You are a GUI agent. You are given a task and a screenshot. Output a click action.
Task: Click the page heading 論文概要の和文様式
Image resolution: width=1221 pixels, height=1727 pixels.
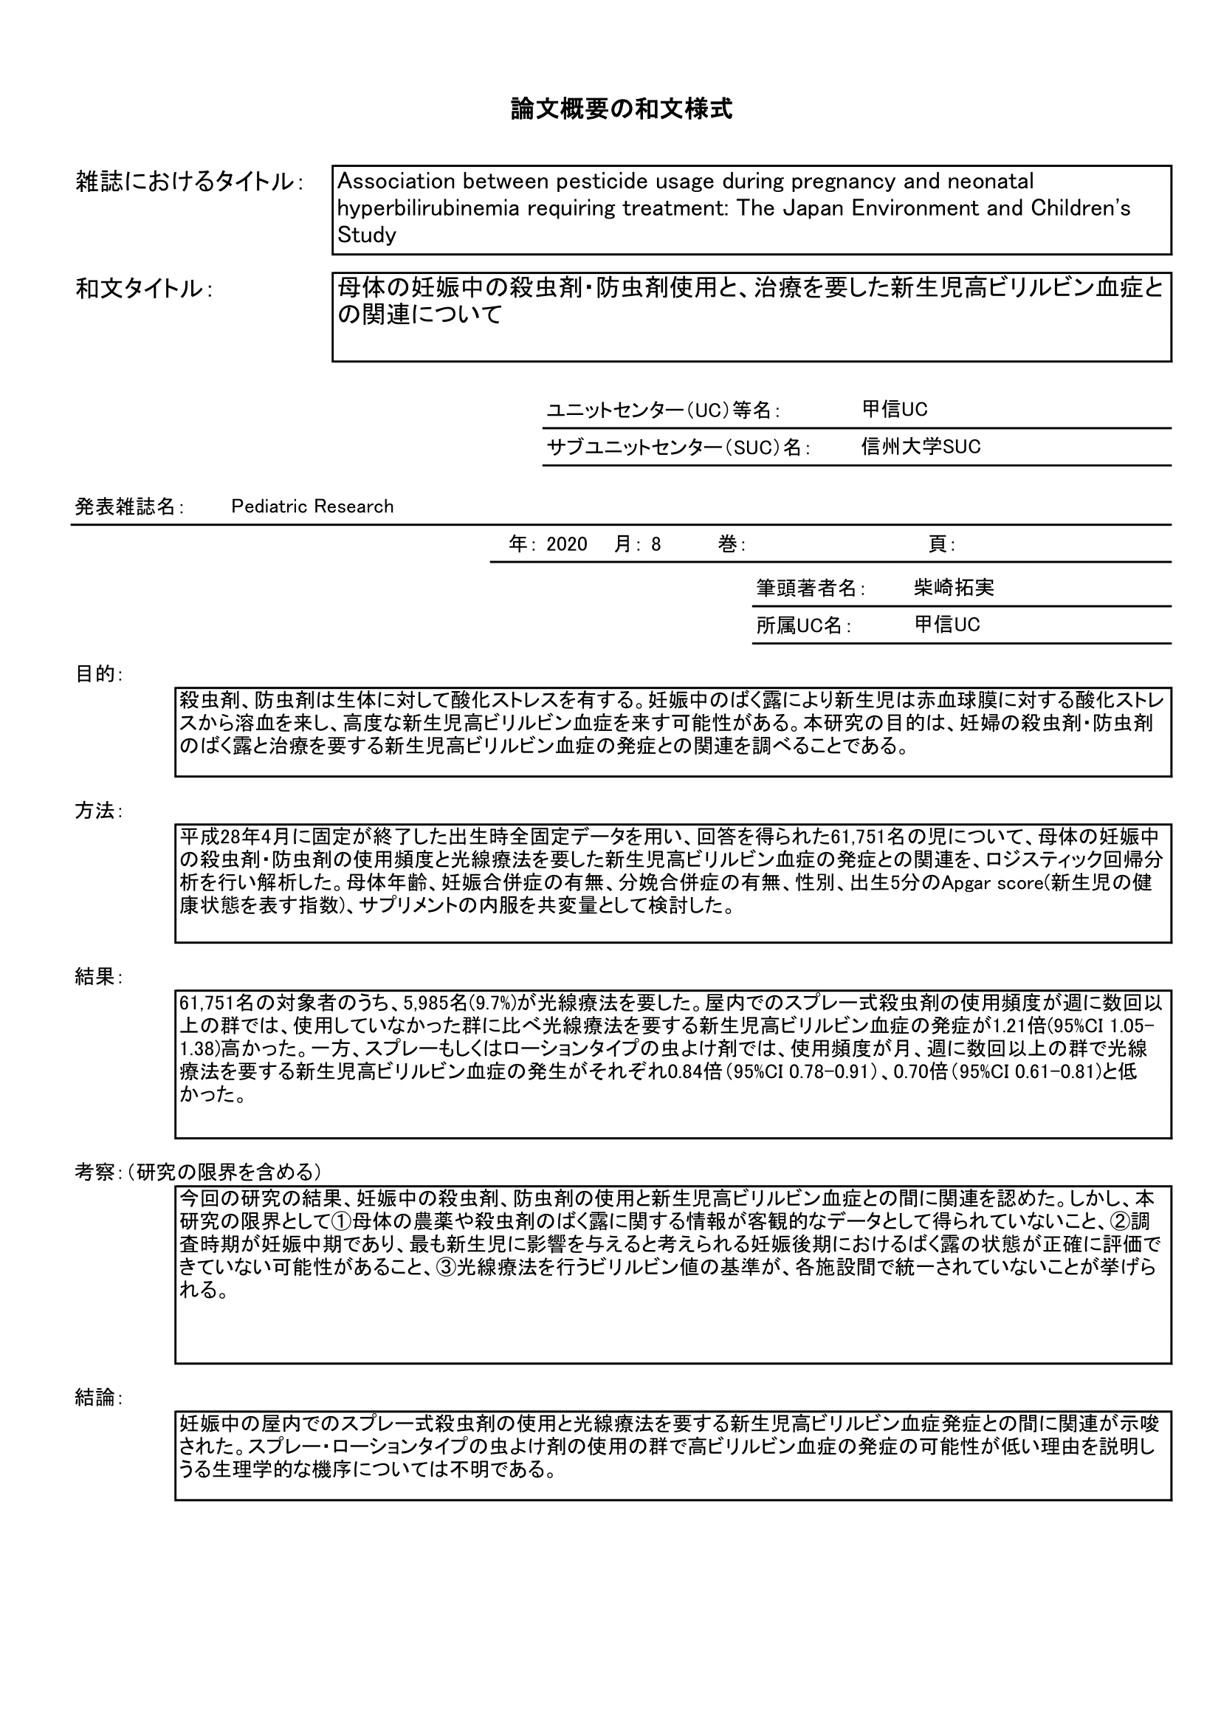point(621,110)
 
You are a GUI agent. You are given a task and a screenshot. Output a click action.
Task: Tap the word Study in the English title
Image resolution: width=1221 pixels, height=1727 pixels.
point(367,236)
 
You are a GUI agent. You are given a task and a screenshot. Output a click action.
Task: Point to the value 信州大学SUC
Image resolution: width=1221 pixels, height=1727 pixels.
point(921,447)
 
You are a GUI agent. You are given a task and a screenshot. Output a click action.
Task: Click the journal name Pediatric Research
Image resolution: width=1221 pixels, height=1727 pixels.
point(312,507)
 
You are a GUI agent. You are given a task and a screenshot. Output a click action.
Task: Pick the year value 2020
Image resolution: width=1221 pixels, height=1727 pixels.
point(567,545)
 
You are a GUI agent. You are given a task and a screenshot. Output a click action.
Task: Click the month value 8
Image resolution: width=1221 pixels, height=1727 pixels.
point(656,545)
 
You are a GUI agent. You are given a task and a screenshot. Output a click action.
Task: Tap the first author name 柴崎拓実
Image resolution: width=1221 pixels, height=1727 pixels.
point(954,588)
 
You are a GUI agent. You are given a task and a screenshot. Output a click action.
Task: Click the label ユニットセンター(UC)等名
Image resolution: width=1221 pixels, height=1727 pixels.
point(662,411)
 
